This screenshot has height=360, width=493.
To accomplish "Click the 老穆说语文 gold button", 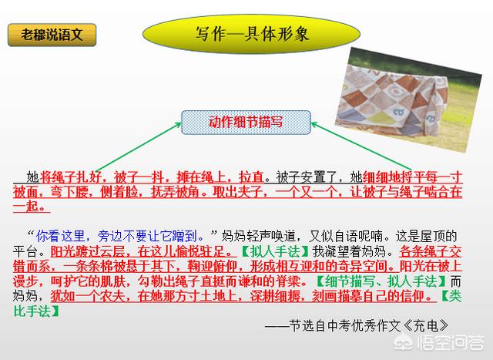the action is (52, 35).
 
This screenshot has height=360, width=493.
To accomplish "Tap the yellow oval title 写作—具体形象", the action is (251, 34).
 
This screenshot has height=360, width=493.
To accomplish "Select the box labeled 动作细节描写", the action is (246, 123).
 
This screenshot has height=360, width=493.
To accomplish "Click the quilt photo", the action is (408, 99).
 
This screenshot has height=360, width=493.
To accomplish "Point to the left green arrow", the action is (139, 146).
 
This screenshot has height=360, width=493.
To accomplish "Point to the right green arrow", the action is (361, 146).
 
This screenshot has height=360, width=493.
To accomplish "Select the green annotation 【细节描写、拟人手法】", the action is (381, 281).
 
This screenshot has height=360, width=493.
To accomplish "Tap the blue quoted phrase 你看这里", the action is (60, 236).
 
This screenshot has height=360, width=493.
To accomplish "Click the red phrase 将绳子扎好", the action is (71, 177).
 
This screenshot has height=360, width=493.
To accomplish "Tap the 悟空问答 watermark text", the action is (450, 343).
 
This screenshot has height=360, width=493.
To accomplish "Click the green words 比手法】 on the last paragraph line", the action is (36, 311).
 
